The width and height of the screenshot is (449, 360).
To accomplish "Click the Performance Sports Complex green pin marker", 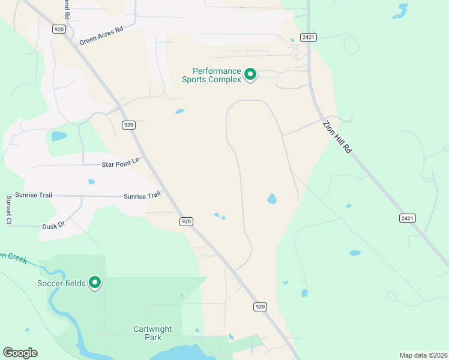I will tap(250, 74).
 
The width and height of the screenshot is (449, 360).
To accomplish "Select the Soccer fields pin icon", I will tap(95, 282).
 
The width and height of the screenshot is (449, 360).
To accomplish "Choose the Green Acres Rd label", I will tap(101, 35).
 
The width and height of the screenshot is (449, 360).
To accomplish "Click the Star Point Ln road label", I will tap(120, 161).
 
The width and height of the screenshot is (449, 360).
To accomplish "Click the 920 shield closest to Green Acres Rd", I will tap(58, 29).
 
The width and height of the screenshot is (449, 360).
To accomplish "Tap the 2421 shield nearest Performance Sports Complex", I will tap(309, 37).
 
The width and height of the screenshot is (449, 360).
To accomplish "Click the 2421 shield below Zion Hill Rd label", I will tap(407, 218).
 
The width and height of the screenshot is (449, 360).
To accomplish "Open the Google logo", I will tap(20, 353).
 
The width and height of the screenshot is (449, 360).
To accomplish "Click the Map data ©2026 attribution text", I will tap(423, 355).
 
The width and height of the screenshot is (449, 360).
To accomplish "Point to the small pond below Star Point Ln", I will tap(92, 182).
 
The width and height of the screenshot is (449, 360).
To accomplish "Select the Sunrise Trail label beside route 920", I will tap(142, 196).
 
